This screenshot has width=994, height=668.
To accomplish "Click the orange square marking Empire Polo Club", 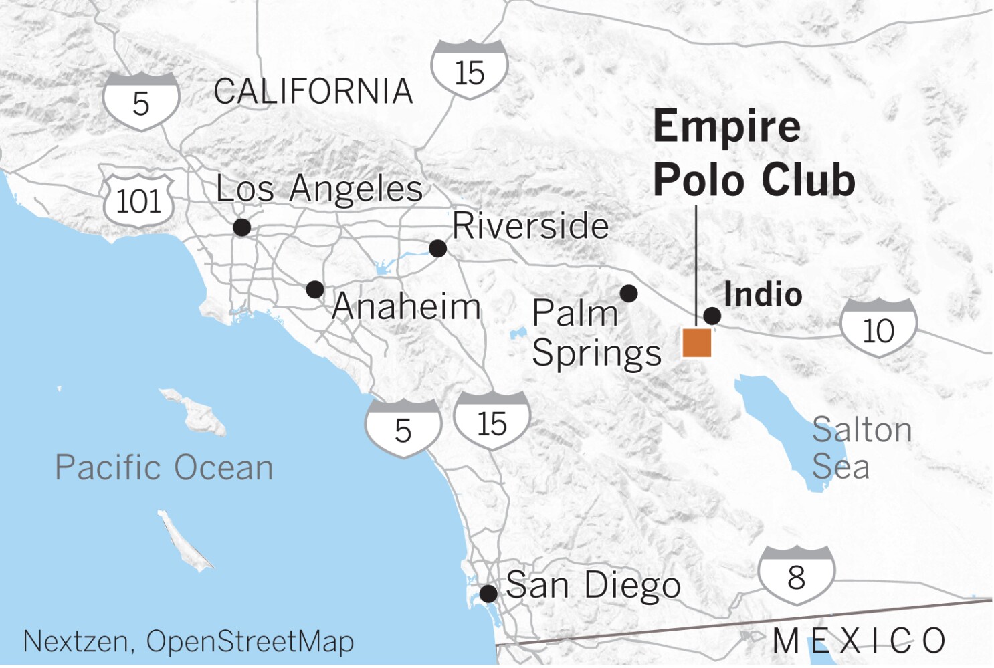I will [696, 343].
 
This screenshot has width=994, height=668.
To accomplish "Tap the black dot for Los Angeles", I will [242, 227].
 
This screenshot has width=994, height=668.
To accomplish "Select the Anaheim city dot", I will [315, 290].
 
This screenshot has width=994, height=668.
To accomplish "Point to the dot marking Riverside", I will [437, 249].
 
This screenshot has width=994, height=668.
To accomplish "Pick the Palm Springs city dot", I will [629, 293].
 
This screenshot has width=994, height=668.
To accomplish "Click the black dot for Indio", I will [712, 316].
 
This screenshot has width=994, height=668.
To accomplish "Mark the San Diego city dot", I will [489, 593].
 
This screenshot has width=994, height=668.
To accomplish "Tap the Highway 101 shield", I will [139, 200].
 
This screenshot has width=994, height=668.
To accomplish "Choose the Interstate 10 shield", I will [878, 328].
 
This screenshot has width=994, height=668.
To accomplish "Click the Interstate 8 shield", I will [796, 575].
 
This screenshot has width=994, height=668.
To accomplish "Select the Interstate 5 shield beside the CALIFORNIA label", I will [141, 101].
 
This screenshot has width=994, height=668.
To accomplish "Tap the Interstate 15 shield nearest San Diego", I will [492, 421].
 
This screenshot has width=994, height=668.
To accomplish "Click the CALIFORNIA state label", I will [313, 92].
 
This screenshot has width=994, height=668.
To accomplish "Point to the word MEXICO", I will [859, 641].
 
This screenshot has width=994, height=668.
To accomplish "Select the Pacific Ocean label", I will [165, 467].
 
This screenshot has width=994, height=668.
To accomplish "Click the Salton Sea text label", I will [861, 448].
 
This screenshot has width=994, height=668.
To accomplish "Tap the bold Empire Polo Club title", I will [754, 153].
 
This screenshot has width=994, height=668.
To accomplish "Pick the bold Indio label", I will [763, 294].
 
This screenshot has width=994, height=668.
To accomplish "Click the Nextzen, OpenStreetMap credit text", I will [188, 641].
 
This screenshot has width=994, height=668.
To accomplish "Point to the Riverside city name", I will [530, 225].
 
